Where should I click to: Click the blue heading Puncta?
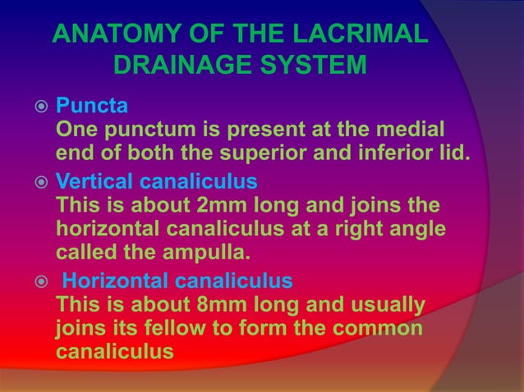[x=90, y=107]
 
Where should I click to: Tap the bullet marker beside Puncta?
[x=31, y=107]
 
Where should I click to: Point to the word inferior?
[x=407, y=153]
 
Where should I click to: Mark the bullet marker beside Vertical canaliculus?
[x=31, y=180]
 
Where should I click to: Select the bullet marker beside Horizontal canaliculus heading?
[x=31, y=282]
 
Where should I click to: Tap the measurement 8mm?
[x=195, y=306]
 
